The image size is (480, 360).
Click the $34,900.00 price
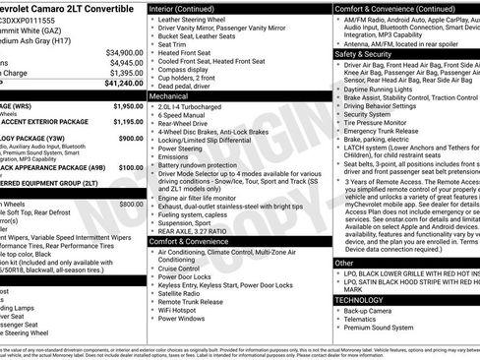coord(124,52)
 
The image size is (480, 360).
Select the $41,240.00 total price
coord(124,84)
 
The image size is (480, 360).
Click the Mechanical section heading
coord(168,97)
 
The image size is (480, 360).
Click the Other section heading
coord(344,263)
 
